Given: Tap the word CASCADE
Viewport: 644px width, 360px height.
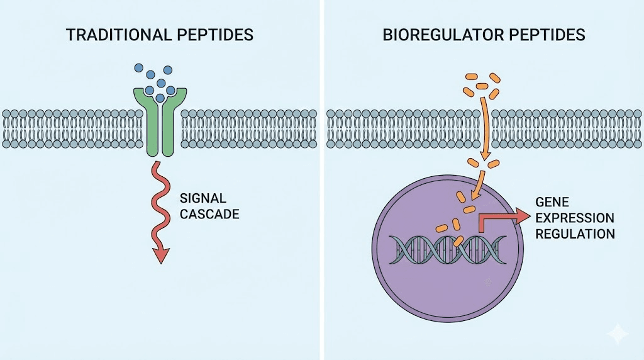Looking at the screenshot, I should pyautogui.click(x=209, y=214).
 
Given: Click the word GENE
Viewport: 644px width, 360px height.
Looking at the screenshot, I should pyautogui.click(x=551, y=202).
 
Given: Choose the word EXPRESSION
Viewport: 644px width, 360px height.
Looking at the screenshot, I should pyautogui.click(x=574, y=218).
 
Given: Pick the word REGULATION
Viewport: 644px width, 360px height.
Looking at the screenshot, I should pyautogui.click(x=574, y=233).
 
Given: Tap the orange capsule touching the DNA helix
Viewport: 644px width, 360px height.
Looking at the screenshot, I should pyautogui.click(x=458, y=240).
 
